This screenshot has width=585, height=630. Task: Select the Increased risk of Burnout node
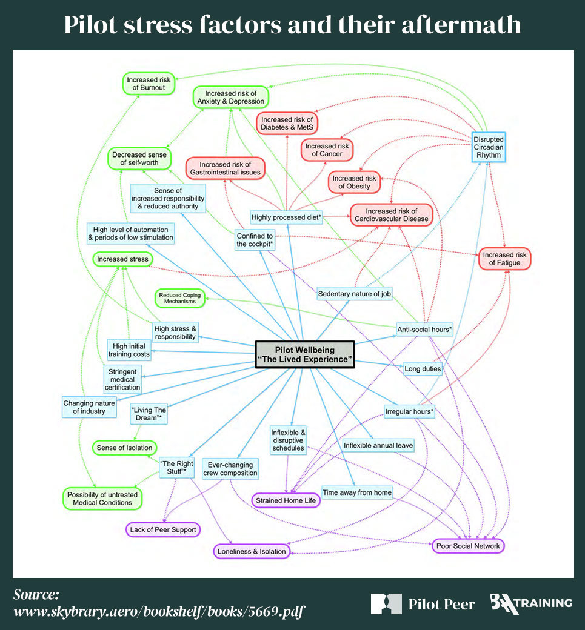150,84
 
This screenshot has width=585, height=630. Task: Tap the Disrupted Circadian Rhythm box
488,147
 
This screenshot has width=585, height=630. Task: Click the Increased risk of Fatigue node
505,258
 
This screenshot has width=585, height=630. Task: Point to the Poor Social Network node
469,546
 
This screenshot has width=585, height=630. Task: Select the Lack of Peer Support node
163,529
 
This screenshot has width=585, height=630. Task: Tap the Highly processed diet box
287,217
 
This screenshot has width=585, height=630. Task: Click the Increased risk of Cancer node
327,150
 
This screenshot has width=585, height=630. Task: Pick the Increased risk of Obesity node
354,182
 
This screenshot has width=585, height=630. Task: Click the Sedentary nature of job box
355,294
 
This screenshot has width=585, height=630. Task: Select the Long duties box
423,368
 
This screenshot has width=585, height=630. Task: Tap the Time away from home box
357,492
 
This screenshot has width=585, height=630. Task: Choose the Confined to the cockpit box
255,240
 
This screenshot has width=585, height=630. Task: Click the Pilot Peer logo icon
386,603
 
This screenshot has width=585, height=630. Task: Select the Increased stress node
122,259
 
